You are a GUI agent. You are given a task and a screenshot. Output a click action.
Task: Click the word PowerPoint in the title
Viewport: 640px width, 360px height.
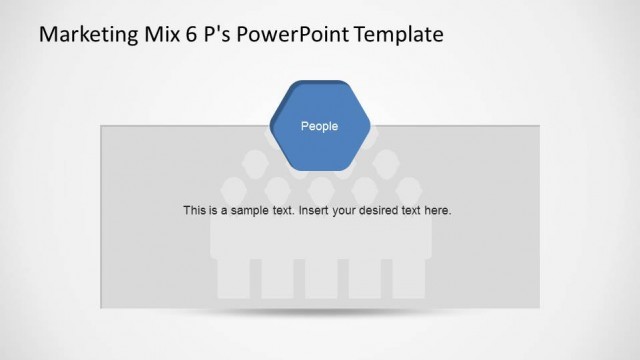(289, 35)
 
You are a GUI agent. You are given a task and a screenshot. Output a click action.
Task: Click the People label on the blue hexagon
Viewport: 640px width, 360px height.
(320, 126)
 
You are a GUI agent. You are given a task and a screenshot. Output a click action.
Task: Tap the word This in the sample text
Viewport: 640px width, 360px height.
(194, 211)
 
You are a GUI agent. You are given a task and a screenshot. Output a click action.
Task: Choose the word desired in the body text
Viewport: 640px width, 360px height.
(384, 211)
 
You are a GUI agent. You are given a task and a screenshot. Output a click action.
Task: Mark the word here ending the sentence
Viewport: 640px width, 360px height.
(440, 211)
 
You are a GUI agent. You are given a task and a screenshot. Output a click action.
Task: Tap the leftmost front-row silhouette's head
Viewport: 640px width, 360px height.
(233, 187)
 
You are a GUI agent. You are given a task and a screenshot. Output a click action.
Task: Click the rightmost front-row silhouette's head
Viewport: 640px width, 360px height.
(408, 187)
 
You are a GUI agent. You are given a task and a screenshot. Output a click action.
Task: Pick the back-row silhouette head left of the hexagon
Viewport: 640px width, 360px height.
(255, 160)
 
